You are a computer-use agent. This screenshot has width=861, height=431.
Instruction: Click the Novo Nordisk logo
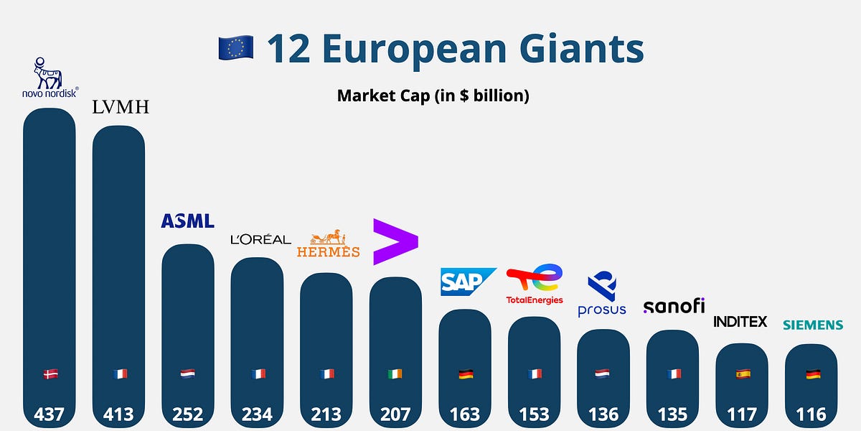[49, 78]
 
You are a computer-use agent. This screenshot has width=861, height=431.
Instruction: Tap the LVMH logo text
[120, 108]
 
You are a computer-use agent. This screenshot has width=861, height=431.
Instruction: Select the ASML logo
[187, 221]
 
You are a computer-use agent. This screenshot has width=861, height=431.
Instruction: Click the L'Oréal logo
[260, 239]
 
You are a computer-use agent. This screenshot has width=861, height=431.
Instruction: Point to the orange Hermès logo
[329, 245]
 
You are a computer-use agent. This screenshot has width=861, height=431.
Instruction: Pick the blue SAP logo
[468, 282]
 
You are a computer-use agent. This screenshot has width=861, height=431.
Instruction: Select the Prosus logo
[602, 295]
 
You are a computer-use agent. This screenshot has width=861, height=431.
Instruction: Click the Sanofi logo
[674, 306]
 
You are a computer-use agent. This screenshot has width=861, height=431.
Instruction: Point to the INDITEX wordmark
[740, 321]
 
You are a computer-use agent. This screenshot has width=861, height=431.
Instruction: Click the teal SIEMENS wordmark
[812, 325]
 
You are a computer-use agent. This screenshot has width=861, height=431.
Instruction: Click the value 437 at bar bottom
[49, 414]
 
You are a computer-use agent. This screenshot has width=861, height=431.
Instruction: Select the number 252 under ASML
[187, 414]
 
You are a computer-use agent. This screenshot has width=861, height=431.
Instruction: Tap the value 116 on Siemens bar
[811, 414]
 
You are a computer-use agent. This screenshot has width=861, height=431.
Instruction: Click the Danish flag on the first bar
[50, 374]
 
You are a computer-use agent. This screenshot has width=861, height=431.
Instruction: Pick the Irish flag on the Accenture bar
[395, 374]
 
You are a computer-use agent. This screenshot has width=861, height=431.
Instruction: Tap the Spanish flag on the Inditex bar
[742, 374]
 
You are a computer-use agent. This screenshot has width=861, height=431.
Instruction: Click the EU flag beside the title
[236, 48]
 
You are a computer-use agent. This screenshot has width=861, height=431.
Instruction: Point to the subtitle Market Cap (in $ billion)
[433, 96]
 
